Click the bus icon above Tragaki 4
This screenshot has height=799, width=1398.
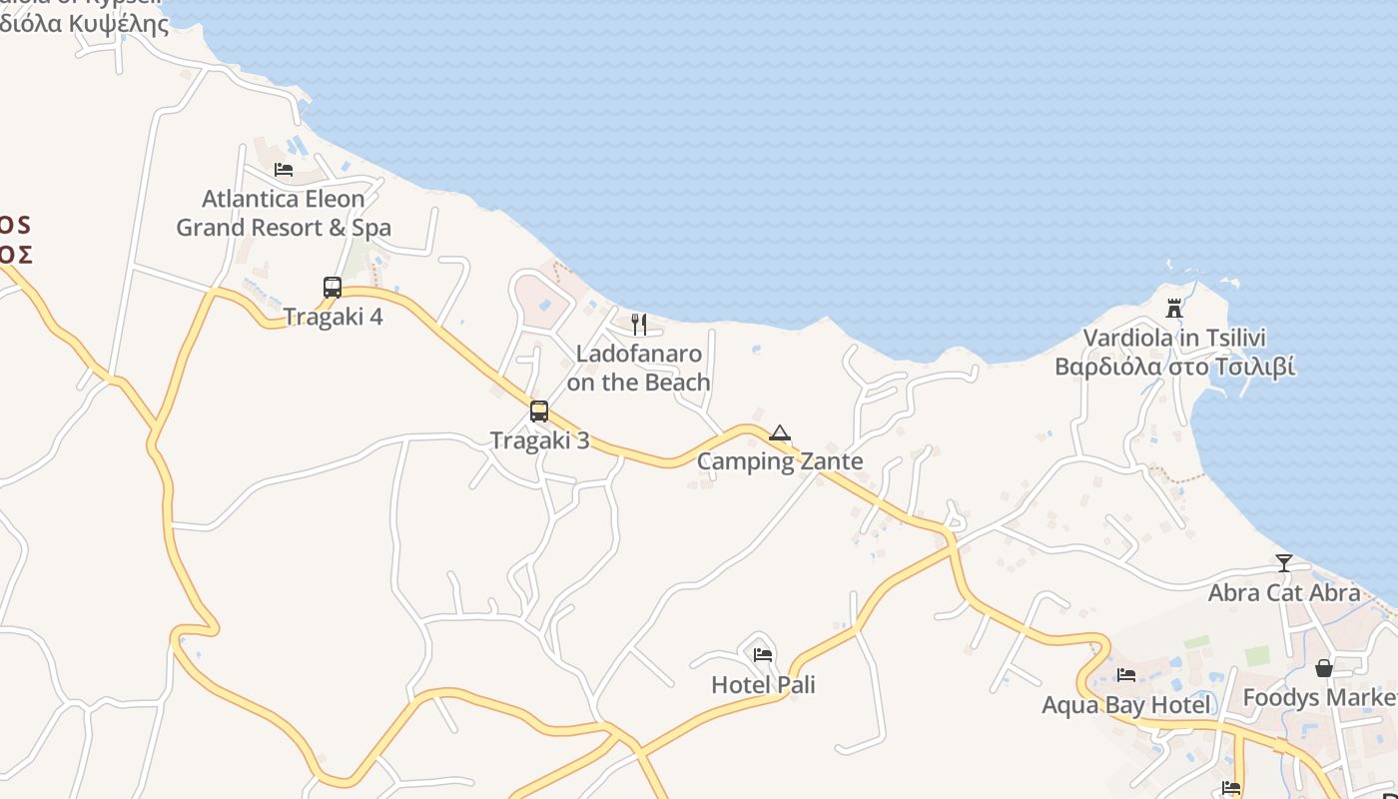[333, 288]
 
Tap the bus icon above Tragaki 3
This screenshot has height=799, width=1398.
[539, 410]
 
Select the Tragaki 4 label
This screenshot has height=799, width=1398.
[333, 317]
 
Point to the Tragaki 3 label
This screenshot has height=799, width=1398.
[539, 439]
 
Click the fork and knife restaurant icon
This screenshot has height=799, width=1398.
[639, 325]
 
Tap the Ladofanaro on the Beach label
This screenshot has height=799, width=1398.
[638, 368]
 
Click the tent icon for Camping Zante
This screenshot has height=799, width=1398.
[780, 432]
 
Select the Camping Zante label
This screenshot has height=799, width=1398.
[780, 461]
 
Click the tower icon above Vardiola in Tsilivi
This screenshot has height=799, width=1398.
[1174, 309]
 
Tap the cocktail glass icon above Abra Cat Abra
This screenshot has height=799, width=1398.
[1284, 563]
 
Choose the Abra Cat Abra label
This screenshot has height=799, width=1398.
[1284, 592]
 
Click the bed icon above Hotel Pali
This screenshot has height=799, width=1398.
[763, 655]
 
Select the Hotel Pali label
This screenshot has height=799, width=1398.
[763, 684]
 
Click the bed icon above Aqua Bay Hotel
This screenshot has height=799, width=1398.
[1126, 675]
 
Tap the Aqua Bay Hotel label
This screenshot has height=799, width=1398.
[1126, 705]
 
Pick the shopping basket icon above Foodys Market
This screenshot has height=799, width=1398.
[1324, 668]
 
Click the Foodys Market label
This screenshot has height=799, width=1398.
[1319, 697]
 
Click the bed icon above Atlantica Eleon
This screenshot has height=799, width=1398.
[284, 170]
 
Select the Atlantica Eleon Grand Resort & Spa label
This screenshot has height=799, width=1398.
[284, 213]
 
